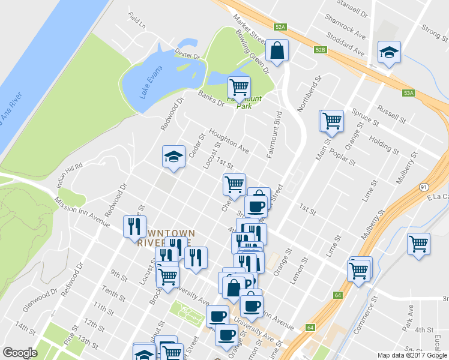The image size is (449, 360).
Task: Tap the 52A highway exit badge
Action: (x=280, y=27)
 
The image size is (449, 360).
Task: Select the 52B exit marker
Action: (x=320, y=50)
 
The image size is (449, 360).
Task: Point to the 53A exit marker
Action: (x=409, y=93)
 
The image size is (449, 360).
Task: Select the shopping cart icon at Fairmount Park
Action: (x=239, y=88)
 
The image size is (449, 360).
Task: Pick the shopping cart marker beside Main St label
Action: (x=332, y=121)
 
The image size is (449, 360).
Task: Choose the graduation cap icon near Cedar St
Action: (x=173, y=157)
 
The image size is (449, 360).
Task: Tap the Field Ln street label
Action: (x=137, y=22)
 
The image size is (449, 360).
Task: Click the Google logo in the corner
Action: (x=20, y=353)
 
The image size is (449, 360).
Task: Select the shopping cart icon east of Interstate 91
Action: (x=418, y=244)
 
